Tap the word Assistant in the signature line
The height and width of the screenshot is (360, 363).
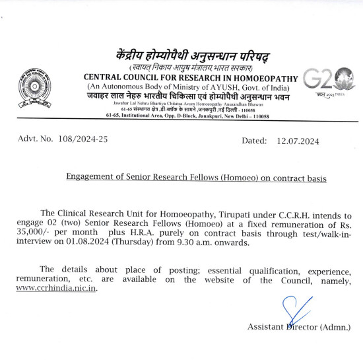point(267,327)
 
